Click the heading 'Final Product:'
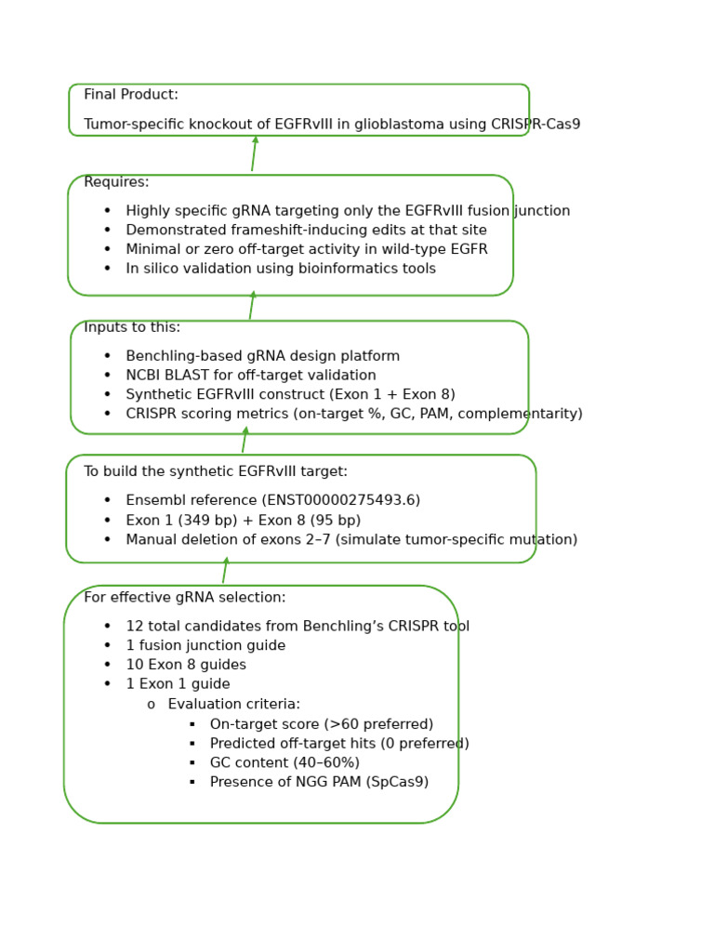131,95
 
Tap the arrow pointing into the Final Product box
254,153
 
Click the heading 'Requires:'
116,182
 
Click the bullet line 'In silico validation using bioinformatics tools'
281,269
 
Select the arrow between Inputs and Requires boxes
252,306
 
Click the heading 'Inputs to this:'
132,327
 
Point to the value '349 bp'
208,521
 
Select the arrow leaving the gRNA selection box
225,571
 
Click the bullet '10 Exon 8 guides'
186,665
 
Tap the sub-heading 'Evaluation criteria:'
233,705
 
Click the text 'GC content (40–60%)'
284,763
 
